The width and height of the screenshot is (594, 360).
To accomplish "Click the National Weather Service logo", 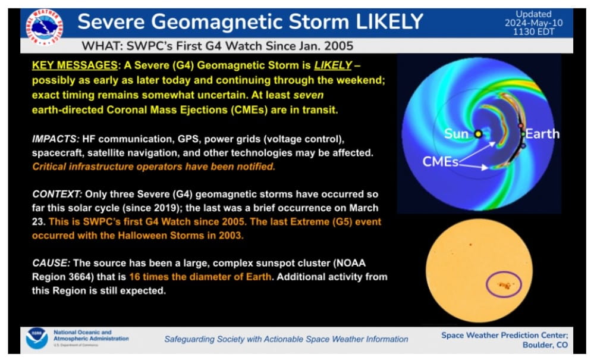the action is point(45,27).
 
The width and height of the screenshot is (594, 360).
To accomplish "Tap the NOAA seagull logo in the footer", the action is point(37,339).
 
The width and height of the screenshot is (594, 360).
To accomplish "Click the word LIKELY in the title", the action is point(389,21).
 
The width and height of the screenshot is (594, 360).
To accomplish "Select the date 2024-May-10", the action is point(533,23).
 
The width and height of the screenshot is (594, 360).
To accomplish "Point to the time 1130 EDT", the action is point(533,32).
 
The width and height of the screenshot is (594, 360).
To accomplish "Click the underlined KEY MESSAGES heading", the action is point(75,65).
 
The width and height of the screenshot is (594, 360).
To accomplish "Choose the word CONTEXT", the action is point(57,194).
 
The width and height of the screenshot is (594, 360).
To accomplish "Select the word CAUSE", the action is point(51,263).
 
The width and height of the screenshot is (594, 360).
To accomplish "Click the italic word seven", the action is point(309,95).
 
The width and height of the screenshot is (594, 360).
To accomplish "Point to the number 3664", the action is point(81,277).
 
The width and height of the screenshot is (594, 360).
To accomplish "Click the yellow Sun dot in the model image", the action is point(478,134).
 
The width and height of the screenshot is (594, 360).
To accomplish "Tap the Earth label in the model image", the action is point(542,134).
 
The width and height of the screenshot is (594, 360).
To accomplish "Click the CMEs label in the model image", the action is point(440,161).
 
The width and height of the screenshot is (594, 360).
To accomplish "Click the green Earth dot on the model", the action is point(523,134).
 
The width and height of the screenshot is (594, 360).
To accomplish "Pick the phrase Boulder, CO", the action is point(545,345).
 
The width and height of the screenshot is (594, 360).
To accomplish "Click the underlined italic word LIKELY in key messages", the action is point(333,65).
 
